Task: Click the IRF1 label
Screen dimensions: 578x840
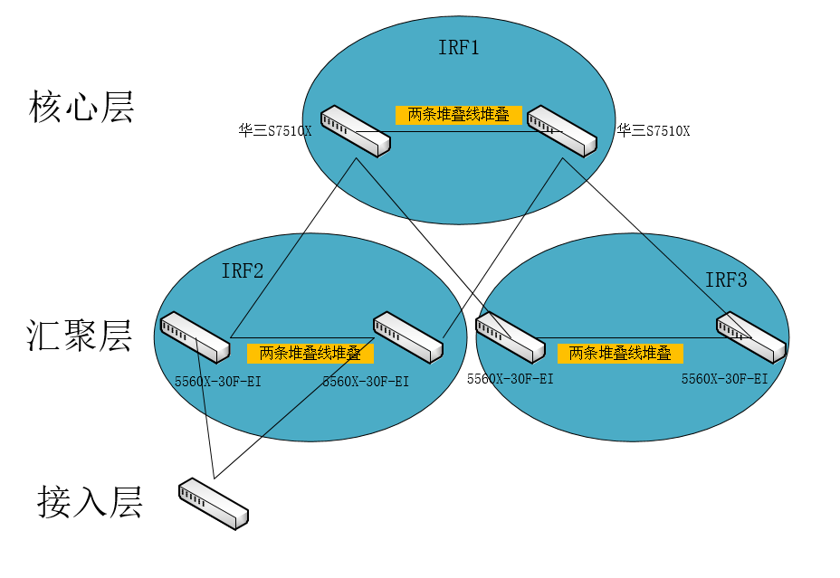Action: tap(458, 48)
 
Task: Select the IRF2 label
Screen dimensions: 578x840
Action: tap(243, 270)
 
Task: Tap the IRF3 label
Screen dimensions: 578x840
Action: tap(726, 280)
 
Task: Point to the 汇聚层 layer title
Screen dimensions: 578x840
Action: tap(81, 335)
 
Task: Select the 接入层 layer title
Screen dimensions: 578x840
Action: tap(90, 500)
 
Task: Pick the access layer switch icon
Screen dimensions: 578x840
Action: tap(214, 503)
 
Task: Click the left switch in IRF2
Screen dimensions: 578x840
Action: tap(195, 336)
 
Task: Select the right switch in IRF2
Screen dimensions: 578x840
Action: tap(408, 336)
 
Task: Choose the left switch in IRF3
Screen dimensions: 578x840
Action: tap(510, 336)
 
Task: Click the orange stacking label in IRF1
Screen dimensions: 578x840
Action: tap(459, 115)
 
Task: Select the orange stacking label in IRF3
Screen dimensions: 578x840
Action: tap(620, 353)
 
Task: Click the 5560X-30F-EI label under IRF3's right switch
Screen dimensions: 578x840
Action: tap(724, 380)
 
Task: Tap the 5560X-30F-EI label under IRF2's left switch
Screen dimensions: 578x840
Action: tap(218, 382)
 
